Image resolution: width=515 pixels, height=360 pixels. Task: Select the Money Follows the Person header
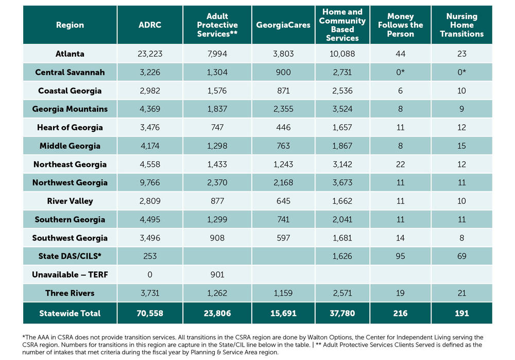click(x=400, y=25)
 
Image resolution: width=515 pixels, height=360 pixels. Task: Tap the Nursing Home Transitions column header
click(x=461, y=25)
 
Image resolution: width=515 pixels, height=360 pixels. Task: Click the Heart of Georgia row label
click(x=70, y=127)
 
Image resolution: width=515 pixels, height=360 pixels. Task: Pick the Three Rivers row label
click(x=70, y=293)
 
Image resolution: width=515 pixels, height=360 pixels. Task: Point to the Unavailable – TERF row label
click(x=70, y=275)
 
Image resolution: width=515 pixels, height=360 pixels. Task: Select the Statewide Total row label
click(x=70, y=313)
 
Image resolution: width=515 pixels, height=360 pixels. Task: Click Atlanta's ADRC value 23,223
click(x=150, y=54)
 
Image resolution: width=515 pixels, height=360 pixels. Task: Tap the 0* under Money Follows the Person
click(x=400, y=72)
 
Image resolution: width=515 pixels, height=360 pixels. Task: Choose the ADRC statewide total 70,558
click(x=150, y=313)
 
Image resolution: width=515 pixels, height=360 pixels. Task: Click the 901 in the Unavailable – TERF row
click(x=217, y=275)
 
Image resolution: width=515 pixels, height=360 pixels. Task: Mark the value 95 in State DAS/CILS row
click(x=400, y=256)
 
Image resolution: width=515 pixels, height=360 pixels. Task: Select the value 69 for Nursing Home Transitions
click(x=461, y=256)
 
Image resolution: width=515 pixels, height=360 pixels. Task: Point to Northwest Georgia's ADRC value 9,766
click(x=150, y=182)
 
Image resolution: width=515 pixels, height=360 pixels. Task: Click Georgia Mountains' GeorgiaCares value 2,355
click(x=283, y=109)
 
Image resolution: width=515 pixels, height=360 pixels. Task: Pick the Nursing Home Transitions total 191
click(x=461, y=313)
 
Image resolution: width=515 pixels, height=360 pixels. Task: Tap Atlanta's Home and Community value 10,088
click(x=342, y=54)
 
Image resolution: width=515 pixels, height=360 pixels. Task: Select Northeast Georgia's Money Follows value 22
click(x=400, y=164)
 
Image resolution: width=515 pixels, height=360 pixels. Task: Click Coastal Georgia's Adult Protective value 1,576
click(x=217, y=91)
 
